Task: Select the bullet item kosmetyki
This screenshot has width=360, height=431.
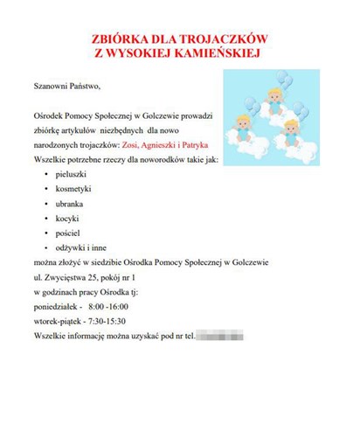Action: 73,189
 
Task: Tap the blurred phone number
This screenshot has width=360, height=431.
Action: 219,336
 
